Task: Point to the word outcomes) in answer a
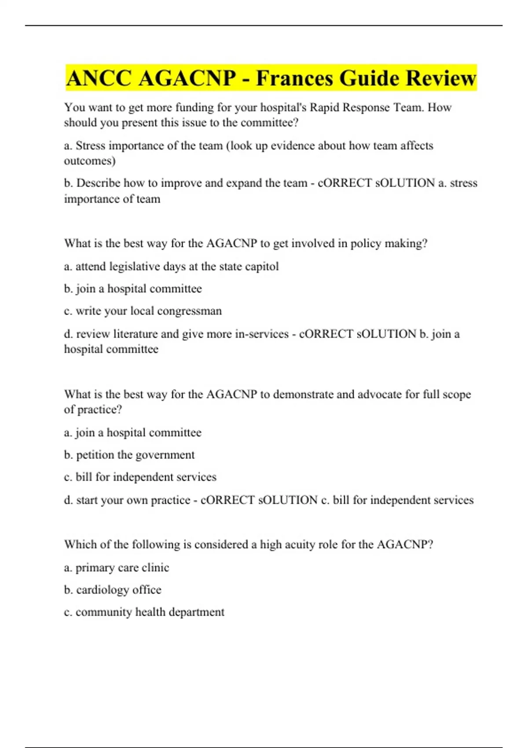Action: pyautogui.click(x=90, y=161)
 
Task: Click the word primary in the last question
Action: pyautogui.click(x=95, y=568)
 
